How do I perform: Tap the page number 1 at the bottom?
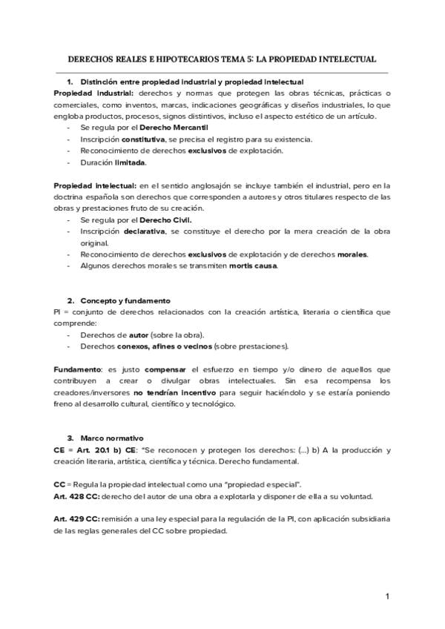click(x=386, y=596)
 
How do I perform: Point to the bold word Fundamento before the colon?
click(x=78, y=369)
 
